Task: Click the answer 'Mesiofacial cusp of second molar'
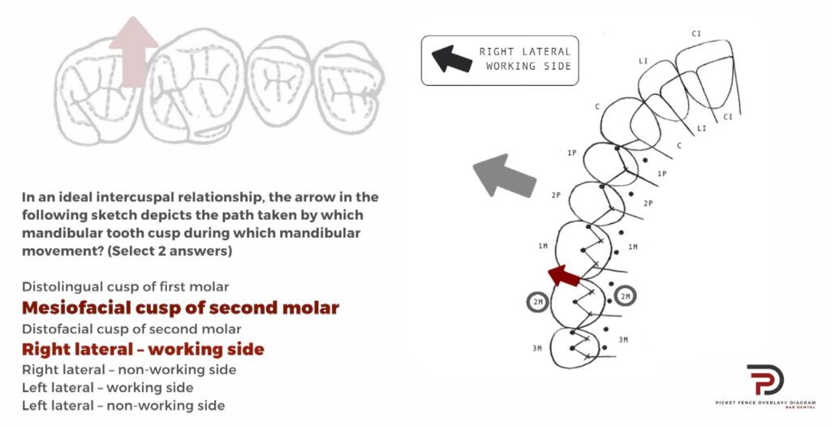pos(180,308)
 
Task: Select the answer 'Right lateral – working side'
pos(143,350)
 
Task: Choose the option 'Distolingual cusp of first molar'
pos(126,287)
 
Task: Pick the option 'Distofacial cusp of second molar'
pos(131,329)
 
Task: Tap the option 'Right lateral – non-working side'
pos(129,370)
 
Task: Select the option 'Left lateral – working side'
pos(108,388)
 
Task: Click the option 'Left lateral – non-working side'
pos(123,406)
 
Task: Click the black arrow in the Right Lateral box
pos(451,58)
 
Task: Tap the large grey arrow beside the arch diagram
pos(503,176)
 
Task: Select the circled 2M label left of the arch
pos(538,302)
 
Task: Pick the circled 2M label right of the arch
pos(626,296)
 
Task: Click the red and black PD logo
pos(765,380)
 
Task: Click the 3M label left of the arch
pos(537,348)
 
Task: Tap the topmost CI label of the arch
pos(696,33)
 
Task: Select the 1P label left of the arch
pos(571,153)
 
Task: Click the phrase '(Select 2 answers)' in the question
pos(170,252)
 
